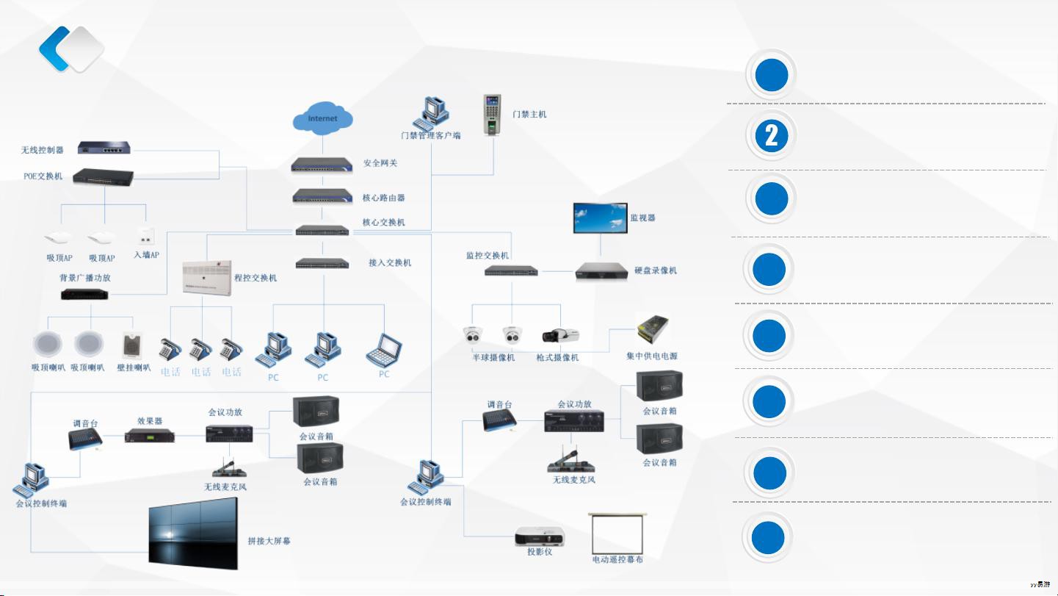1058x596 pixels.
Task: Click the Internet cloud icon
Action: [323, 119]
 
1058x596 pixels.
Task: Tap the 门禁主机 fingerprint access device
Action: [493, 115]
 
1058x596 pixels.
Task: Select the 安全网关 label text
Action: [380, 163]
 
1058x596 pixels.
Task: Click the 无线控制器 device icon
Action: [104, 148]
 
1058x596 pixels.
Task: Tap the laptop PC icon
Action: [385, 350]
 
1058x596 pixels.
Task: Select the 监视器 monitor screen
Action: [601, 218]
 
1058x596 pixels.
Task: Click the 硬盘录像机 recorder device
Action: [601, 271]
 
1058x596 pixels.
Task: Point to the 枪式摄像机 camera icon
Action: [561, 336]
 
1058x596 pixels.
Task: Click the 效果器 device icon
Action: [150, 436]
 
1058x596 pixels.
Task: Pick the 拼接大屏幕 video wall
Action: [193, 534]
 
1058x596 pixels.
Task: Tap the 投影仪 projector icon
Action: [539, 536]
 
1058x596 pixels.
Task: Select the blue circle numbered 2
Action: [771, 136]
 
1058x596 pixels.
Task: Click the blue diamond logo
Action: [71, 49]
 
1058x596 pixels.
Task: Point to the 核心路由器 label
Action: [384, 198]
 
